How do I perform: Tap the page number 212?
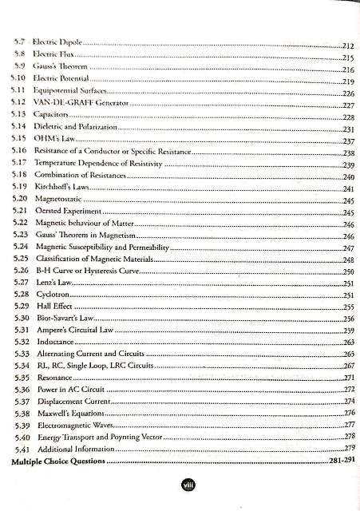342,46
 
